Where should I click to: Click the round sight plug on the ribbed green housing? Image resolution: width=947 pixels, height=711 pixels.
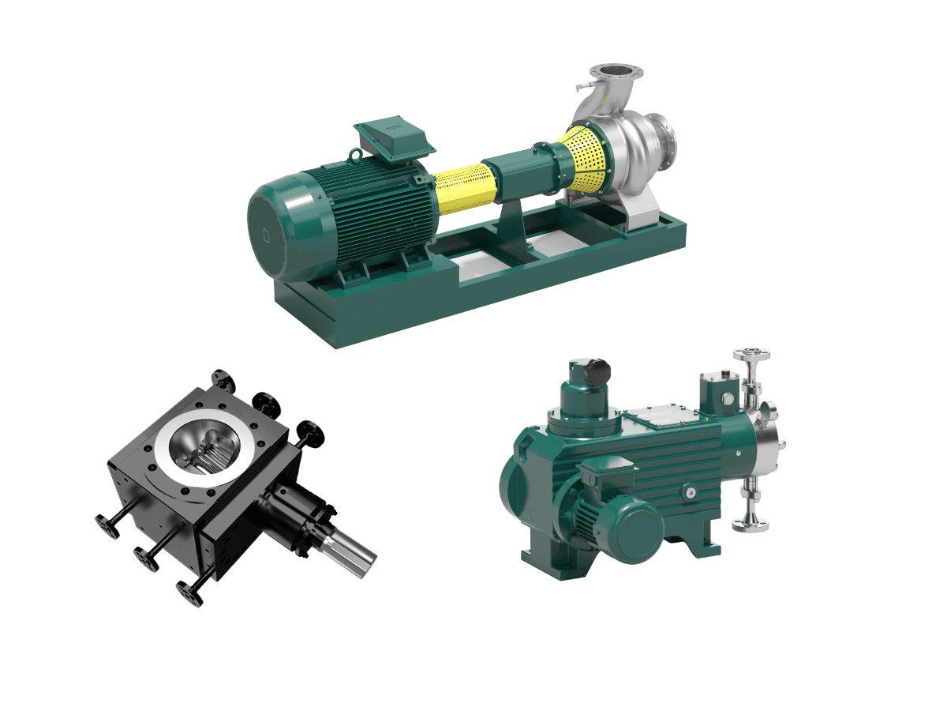pos(691,493)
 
